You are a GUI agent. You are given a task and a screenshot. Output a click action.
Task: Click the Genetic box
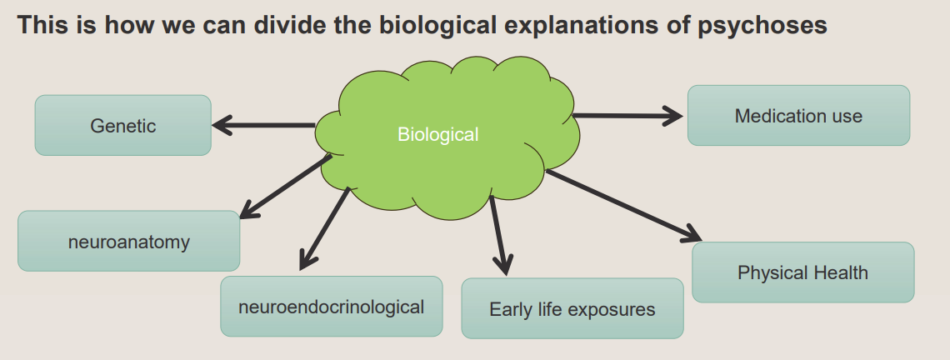coord(122,126)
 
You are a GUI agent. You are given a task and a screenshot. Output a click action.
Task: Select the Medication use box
coord(798,116)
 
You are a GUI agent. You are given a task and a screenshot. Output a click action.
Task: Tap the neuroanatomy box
coord(129,242)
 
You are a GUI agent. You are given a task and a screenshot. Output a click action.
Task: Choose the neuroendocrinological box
coord(331,307)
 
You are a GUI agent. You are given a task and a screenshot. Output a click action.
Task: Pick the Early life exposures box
coord(572,309)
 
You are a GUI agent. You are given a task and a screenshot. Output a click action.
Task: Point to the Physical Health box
coord(802,272)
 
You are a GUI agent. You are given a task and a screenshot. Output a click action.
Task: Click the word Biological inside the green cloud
coord(437,134)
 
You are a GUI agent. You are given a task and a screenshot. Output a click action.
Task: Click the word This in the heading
coord(40,26)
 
